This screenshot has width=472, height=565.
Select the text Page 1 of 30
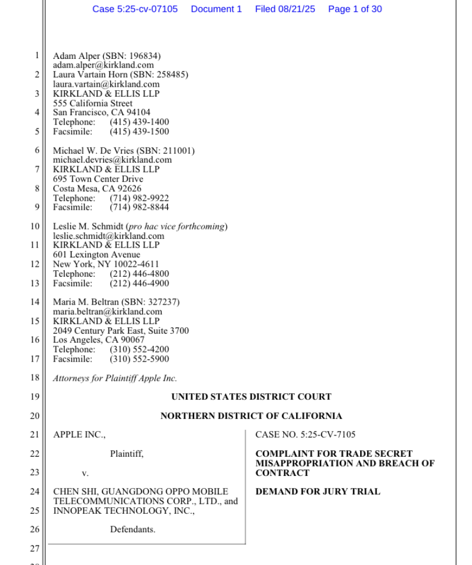pos(355,9)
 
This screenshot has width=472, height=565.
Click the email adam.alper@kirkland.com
pos(103,65)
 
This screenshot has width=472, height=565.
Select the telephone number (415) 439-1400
pos(139,122)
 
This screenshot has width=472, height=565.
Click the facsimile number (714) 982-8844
pos(139,207)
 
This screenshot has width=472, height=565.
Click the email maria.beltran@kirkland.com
pos(108,312)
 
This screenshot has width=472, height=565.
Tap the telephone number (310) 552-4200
pos(139,349)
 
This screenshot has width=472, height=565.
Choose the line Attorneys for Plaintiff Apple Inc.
pos(115,378)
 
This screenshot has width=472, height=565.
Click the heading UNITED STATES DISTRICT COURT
pos(251,397)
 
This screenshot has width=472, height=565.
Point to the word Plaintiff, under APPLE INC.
pos(126,454)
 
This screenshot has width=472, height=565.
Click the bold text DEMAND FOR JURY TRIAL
pos(318,492)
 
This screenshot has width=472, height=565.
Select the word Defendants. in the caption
pos(132,529)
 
